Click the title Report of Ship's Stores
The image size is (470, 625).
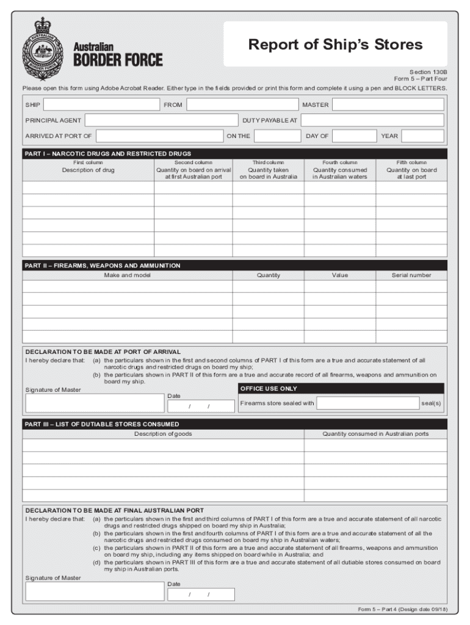tap(334, 45)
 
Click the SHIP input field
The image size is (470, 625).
tap(101, 105)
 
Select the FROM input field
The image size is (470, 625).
tap(242, 105)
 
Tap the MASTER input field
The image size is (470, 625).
tap(388, 105)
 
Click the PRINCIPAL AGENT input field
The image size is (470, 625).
tap(161, 120)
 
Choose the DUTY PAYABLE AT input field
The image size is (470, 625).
tap(372, 120)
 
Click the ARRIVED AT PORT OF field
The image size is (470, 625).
tap(159, 135)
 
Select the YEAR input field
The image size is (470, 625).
tap(422, 135)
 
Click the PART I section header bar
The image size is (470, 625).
tap(234, 153)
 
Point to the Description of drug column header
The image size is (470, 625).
tap(88, 170)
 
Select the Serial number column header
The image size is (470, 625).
tap(411, 275)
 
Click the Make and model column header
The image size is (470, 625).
tap(127, 275)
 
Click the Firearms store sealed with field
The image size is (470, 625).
tap(367, 403)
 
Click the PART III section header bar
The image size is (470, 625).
tap(234, 424)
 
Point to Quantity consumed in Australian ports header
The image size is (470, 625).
tap(375, 434)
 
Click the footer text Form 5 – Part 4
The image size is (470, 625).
tap(402, 609)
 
